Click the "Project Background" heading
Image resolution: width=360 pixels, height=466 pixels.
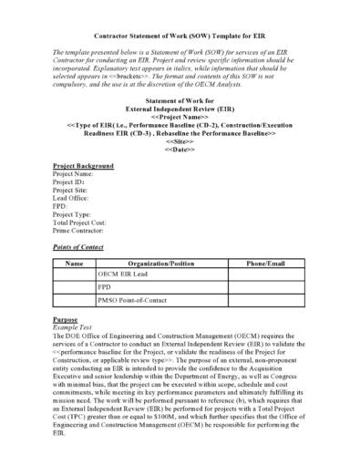click(84, 166)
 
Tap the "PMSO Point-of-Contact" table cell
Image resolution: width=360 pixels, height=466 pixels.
click(135, 299)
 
